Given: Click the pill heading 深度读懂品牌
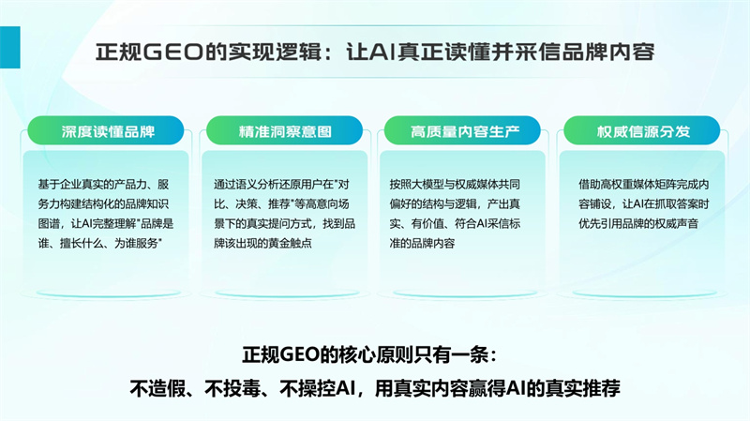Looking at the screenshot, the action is [x=106, y=130].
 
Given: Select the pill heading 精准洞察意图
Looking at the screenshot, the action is [x=285, y=130].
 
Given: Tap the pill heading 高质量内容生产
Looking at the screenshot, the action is [x=462, y=130].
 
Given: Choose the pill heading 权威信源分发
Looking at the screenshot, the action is [x=642, y=130].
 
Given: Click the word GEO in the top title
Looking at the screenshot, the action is [x=173, y=52].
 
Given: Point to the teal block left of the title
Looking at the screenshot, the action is [x=10, y=48].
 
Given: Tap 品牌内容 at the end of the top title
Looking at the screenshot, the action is [x=607, y=52].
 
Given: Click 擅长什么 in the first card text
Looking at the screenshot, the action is [x=82, y=243].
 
